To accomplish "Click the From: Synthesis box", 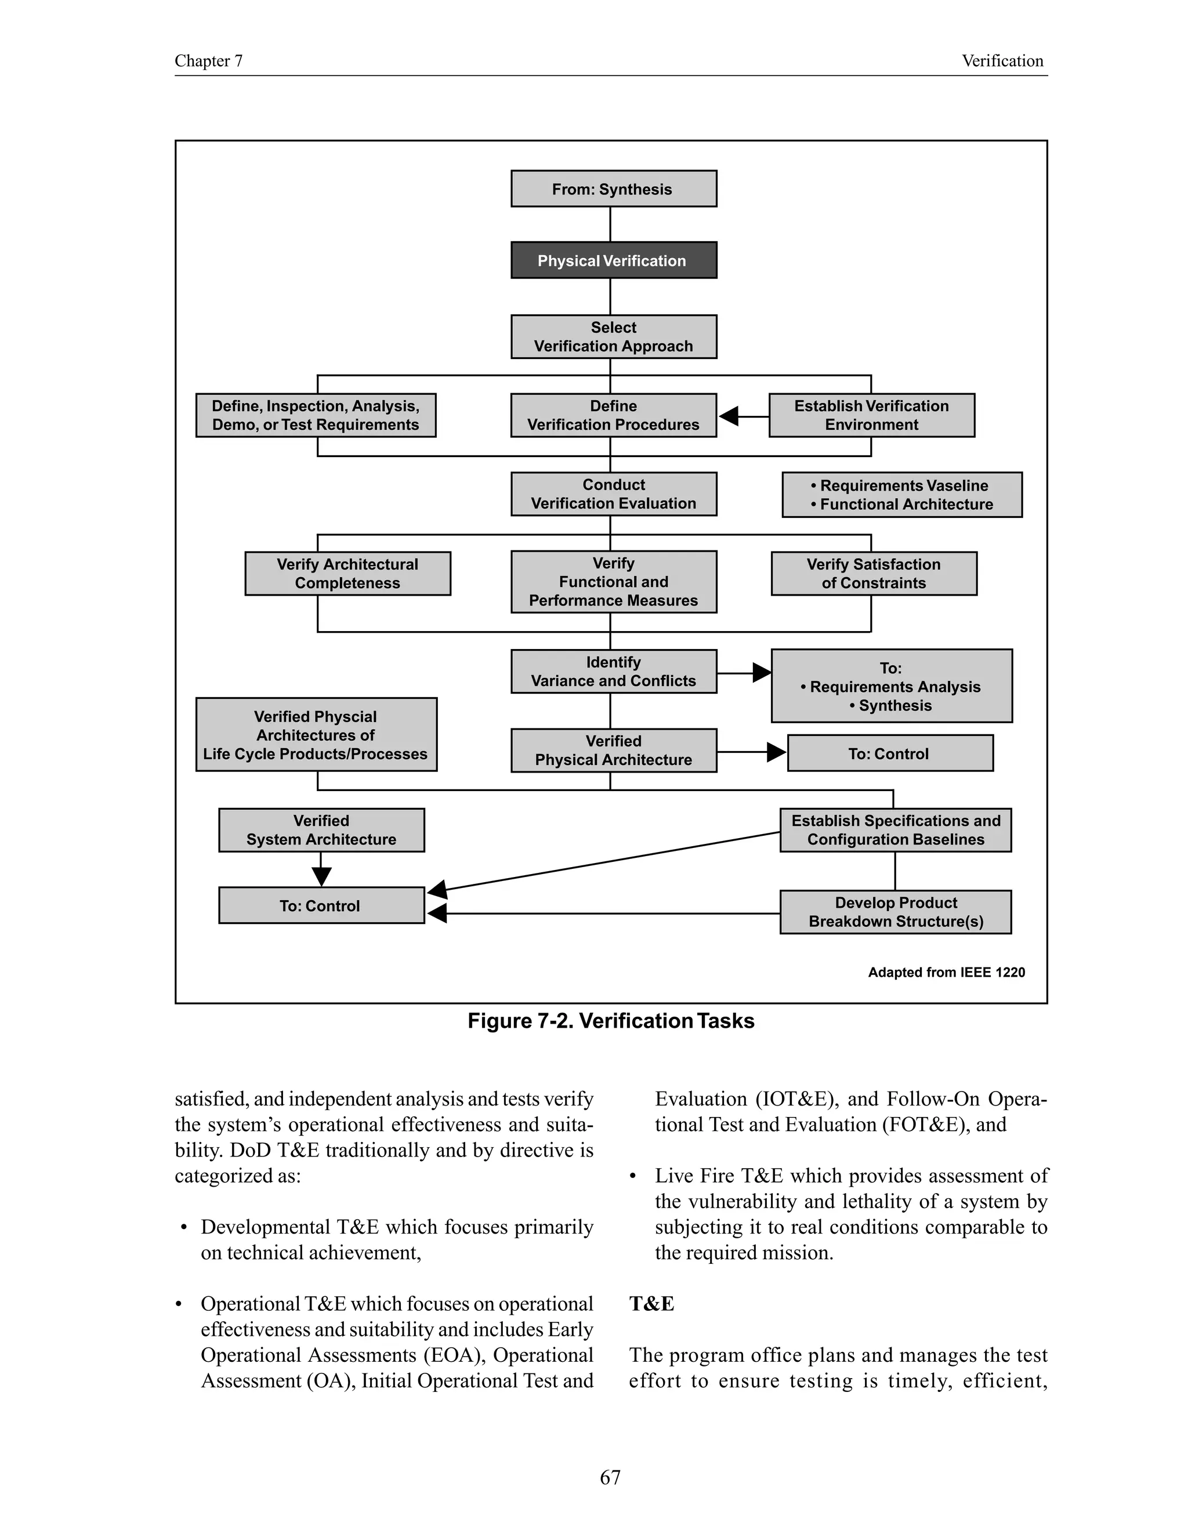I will (x=613, y=188).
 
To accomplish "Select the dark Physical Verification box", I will (x=613, y=260).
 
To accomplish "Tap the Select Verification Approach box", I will (x=613, y=336).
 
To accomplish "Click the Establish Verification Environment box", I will (x=871, y=415).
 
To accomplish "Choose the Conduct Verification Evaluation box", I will (x=613, y=494).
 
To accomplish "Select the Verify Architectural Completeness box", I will (x=347, y=574).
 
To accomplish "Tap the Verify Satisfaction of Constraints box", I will (x=874, y=574).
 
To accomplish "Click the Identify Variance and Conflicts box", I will (x=613, y=672).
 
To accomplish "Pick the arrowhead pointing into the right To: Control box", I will (x=776, y=752).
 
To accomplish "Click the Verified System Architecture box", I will (x=321, y=830).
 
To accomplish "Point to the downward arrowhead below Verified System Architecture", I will (x=321, y=876).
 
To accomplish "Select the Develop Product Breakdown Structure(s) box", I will (x=895, y=912).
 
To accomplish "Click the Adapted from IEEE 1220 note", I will (x=946, y=972).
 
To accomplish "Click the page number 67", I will (x=610, y=1477).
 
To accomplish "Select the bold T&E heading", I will (x=651, y=1304).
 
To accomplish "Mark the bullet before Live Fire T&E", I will (x=633, y=1177).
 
